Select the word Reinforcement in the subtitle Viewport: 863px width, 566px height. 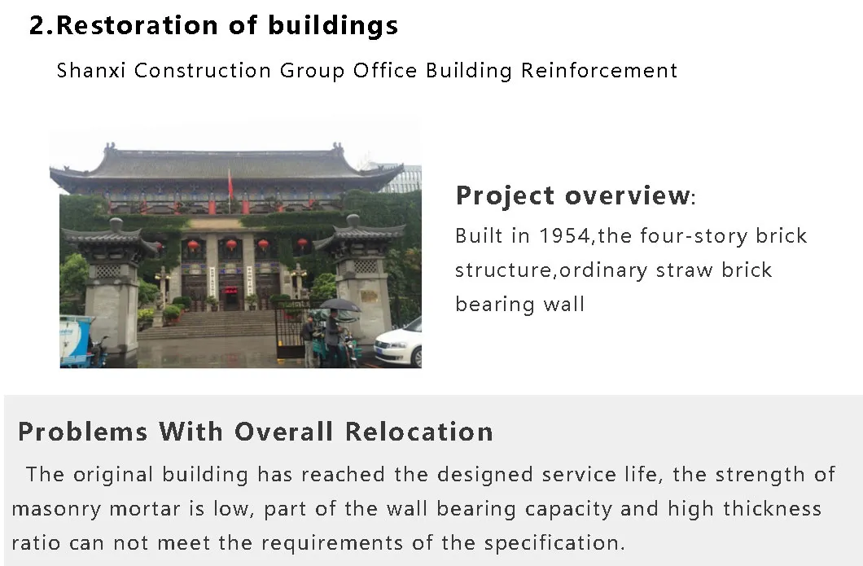599,71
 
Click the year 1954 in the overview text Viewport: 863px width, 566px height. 564,236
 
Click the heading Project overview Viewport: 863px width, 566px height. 572,196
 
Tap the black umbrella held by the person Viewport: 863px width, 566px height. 339,305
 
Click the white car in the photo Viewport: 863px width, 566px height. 399,344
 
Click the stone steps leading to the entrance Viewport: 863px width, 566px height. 212,324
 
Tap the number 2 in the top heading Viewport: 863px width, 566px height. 37,25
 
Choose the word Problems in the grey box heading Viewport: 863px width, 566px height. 81,432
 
